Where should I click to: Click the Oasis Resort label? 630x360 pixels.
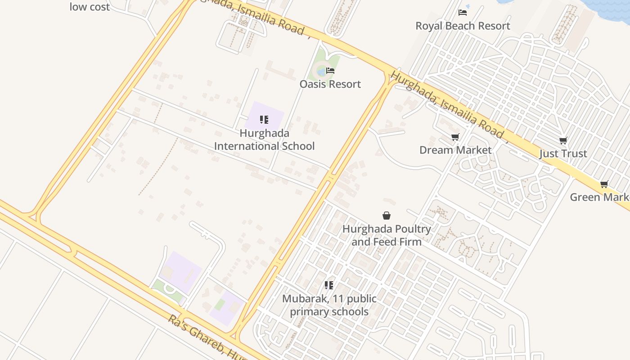[330, 84]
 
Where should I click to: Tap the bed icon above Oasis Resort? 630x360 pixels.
[330, 71]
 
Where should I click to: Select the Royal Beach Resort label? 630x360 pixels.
[463, 26]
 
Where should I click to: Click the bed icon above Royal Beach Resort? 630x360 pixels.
[463, 13]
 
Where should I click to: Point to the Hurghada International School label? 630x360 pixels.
[264, 139]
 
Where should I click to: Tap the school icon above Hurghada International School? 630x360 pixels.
[264, 120]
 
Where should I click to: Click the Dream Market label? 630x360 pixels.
[455, 150]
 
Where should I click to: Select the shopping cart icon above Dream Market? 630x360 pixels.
[455, 137]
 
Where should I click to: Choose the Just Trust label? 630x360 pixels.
[563, 154]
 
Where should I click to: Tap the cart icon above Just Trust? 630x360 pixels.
[563, 141]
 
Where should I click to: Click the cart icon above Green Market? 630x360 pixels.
[604, 184]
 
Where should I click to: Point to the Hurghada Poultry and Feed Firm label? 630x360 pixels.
[387, 235]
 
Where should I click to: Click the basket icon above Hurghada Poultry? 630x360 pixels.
[387, 216]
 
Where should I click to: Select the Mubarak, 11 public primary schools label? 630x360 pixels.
[329, 305]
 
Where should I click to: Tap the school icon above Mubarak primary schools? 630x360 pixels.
[329, 285]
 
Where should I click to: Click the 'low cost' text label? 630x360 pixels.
[90, 7]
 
